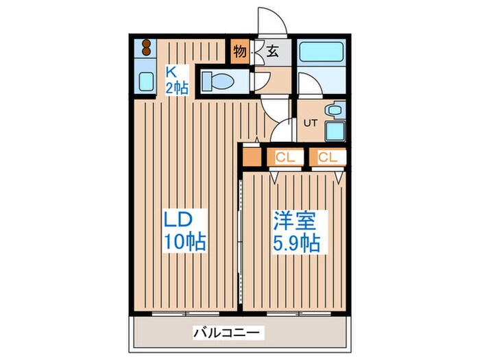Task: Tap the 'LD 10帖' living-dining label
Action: (183, 231)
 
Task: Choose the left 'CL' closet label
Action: (285, 158)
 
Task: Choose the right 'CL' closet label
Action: (327, 158)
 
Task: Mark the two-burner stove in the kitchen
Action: (147, 49)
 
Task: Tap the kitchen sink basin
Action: (147, 81)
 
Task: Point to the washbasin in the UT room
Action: (335, 109)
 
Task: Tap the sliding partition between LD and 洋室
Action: (241, 233)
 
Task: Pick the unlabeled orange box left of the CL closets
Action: (252, 158)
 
